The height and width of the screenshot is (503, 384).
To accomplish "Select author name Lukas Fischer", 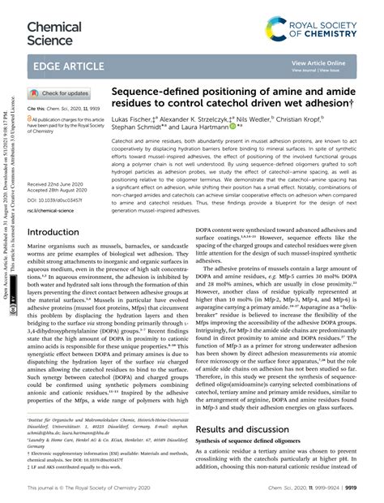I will tap(132, 120).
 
